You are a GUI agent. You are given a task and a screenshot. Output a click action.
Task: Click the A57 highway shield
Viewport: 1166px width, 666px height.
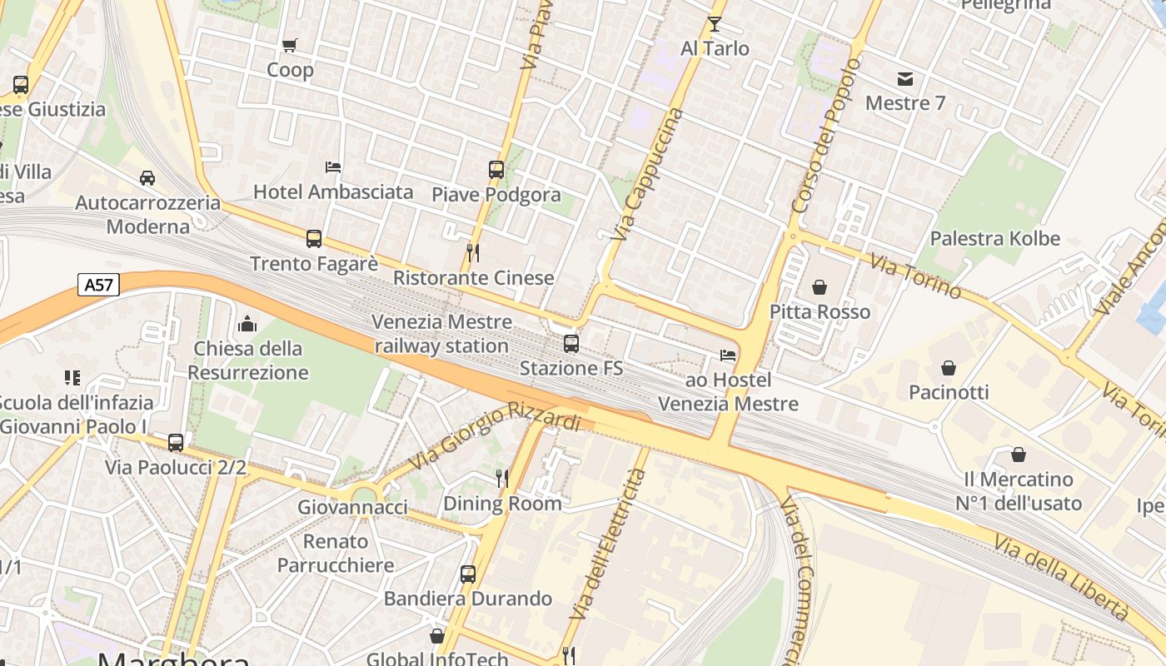[x=99, y=285]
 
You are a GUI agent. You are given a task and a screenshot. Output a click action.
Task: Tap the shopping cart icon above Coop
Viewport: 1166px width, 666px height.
[x=290, y=45]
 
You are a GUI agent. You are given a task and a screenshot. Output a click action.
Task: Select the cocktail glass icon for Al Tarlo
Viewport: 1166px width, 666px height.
[x=715, y=23]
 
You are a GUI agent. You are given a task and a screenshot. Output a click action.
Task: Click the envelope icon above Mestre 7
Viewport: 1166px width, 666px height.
[x=905, y=79]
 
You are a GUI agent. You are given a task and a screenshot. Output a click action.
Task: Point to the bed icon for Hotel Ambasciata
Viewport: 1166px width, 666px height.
[x=333, y=166]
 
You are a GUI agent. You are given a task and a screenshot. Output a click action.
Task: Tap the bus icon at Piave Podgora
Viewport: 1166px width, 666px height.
[x=496, y=170]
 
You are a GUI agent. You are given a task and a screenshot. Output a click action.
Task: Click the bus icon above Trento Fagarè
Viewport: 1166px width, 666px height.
[x=314, y=239]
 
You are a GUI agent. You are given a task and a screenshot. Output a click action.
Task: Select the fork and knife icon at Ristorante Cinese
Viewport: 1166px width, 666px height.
[x=473, y=252]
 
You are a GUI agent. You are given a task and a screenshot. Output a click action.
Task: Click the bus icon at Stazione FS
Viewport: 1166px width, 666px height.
[x=571, y=343]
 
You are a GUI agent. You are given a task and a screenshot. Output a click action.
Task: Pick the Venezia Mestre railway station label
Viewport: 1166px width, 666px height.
[x=441, y=334]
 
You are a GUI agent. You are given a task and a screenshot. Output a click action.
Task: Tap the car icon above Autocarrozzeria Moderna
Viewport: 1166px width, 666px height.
[x=147, y=178]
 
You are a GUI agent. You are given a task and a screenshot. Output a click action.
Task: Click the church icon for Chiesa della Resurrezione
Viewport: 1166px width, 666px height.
[x=247, y=324]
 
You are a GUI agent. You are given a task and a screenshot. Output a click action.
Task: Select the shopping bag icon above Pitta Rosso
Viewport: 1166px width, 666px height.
[x=820, y=287]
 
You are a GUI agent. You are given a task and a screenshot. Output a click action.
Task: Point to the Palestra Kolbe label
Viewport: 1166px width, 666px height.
[x=994, y=239]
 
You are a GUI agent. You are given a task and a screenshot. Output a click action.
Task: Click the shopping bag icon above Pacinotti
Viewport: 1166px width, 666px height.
[x=948, y=367]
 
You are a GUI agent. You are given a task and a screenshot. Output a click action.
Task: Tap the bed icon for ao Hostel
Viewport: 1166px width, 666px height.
[x=728, y=355]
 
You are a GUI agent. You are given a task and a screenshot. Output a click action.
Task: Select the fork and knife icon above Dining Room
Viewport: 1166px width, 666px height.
[x=502, y=478]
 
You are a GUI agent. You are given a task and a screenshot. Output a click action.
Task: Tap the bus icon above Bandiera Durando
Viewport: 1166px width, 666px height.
[x=468, y=574]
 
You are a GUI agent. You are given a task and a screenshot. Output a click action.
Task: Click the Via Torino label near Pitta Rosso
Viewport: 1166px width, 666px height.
[x=915, y=276]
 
